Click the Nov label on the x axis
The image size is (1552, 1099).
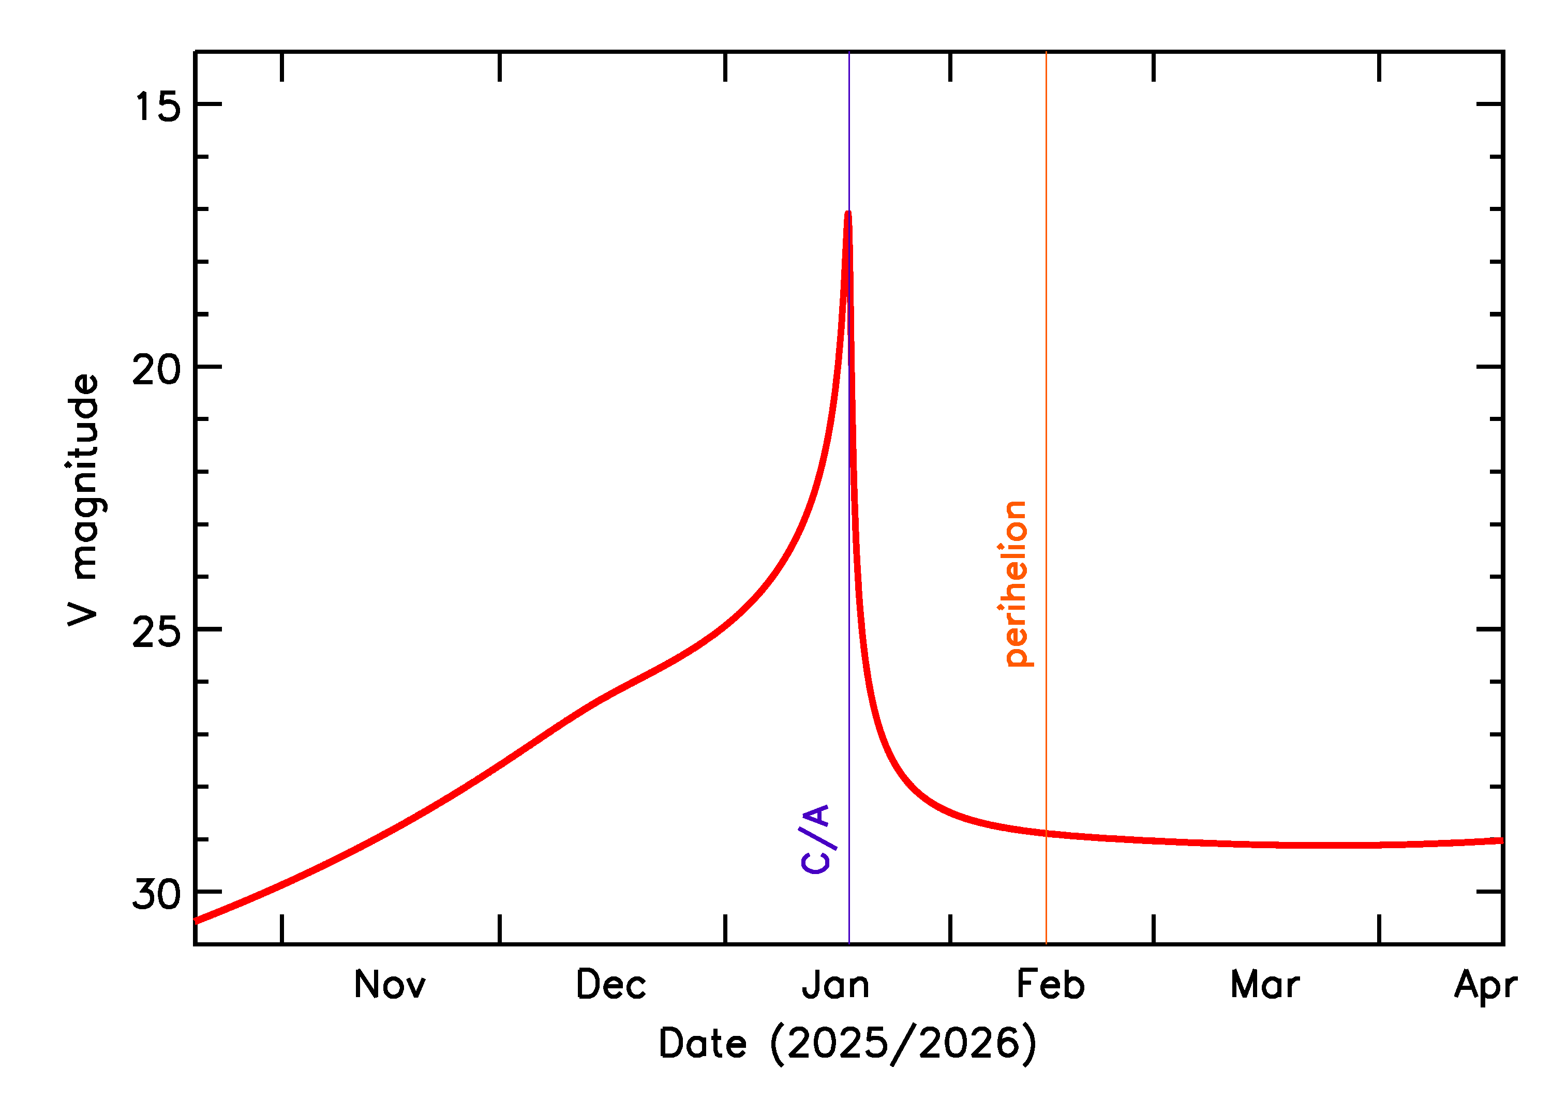pyautogui.click(x=390, y=985)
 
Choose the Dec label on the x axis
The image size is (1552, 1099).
pyautogui.click(x=611, y=985)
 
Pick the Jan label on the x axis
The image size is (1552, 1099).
pyautogui.click(x=836, y=985)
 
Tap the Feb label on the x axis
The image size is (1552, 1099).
pyautogui.click(x=1051, y=985)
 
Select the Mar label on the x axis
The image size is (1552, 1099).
pyautogui.click(x=1265, y=985)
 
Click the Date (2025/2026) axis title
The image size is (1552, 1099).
pyautogui.click(x=847, y=1044)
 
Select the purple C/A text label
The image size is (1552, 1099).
pyautogui.click(x=816, y=840)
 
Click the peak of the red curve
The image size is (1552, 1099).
pyautogui.click(x=848, y=214)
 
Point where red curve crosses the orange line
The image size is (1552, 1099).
pyautogui.click(x=1047, y=833)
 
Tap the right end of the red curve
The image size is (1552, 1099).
pyautogui.click(x=1502, y=840)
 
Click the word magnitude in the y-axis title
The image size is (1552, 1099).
pyautogui.click(x=85, y=477)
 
